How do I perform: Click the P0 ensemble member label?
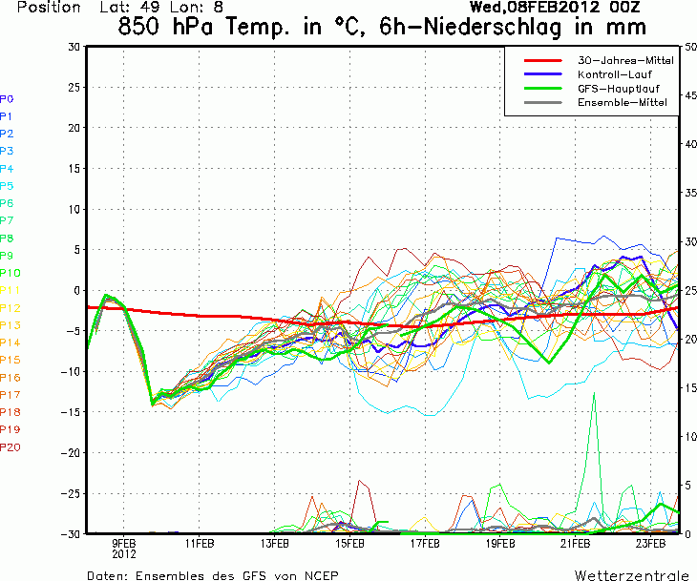click(x=7, y=99)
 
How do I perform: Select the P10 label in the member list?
click(x=10, y=273)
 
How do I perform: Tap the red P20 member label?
click(x=10, y=447)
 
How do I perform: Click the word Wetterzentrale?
click(x=631, y=575)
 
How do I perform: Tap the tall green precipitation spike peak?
click(x=595, y=393)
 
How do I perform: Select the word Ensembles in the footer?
click(x=173, y=575)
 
